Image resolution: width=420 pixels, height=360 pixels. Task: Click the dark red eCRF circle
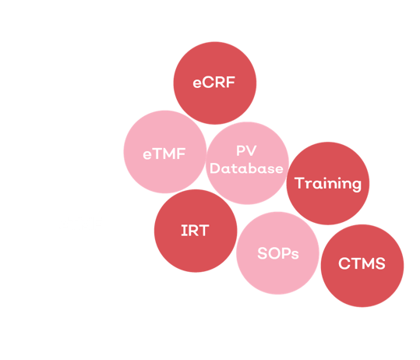(215, 83)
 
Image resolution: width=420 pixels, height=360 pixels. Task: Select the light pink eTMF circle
(165, 152)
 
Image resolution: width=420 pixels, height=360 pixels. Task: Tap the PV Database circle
(248, 163)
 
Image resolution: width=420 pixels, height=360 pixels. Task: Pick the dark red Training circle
(328, 183)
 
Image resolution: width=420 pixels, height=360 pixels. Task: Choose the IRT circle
(196, 231)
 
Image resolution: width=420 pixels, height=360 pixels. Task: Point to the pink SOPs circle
(277, 253)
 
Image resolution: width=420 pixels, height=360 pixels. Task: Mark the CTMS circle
(362, 266)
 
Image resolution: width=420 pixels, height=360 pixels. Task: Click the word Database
(246, 168)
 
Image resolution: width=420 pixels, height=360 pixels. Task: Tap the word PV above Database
(246, 151)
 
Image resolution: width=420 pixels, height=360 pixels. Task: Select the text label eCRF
(214, 83)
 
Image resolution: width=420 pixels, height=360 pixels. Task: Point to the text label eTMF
(164, 154)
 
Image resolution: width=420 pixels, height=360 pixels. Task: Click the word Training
(328, 184)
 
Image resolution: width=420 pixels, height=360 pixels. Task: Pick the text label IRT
(195, 231)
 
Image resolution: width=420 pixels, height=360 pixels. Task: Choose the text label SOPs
(278, 253)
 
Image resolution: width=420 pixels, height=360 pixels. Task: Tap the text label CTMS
(362, 263)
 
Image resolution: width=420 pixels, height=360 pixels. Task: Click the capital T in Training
(299, 183)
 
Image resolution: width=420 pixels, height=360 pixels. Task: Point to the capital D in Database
(215, 168)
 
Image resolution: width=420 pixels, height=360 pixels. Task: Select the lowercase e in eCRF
(197, 83)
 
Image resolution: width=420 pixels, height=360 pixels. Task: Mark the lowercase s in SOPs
(295, 256)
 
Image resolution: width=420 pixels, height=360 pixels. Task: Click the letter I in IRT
(183, 231)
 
